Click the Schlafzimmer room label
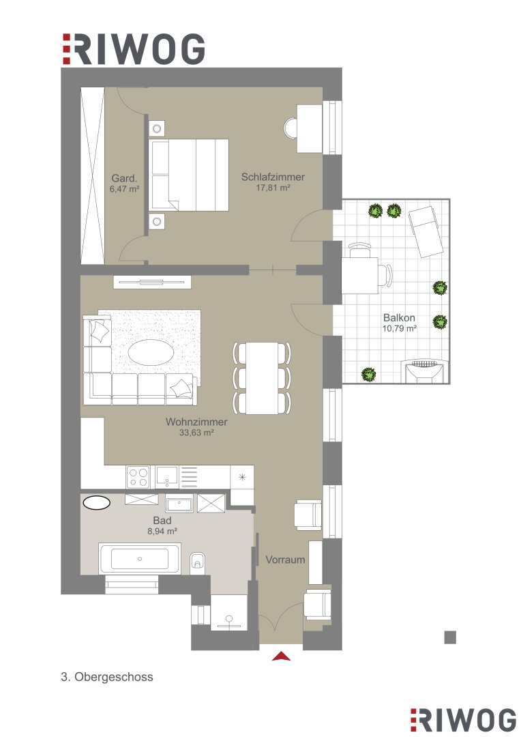pos(273,177)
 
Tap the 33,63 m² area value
pos(196,433)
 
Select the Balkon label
pos(400,318)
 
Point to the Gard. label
pos(125,179)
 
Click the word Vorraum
pos(285,560)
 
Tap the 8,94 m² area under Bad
pos(162,532)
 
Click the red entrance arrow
pos(281,656)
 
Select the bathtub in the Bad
pos(140,558)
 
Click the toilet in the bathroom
pos(198,561)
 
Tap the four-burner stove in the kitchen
pos(138,477)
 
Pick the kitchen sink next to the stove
pos(167,477)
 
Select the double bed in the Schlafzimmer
pos(188,175)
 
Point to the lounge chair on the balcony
pos(426,232)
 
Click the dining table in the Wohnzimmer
pos(262,378)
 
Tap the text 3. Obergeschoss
pos(107,677)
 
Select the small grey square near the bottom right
pos(450,637)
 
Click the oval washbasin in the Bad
pos(97,502)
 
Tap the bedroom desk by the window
pos(310,128)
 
